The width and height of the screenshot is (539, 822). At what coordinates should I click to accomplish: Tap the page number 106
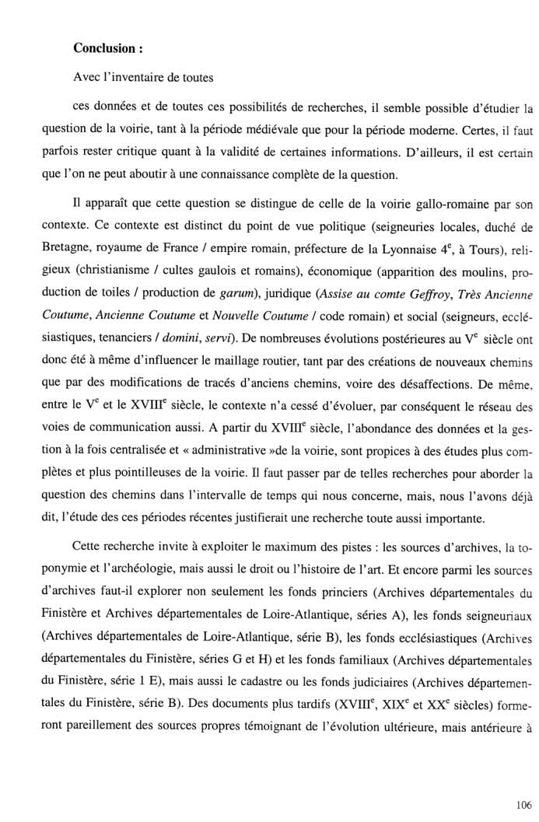tap(523, 799)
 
